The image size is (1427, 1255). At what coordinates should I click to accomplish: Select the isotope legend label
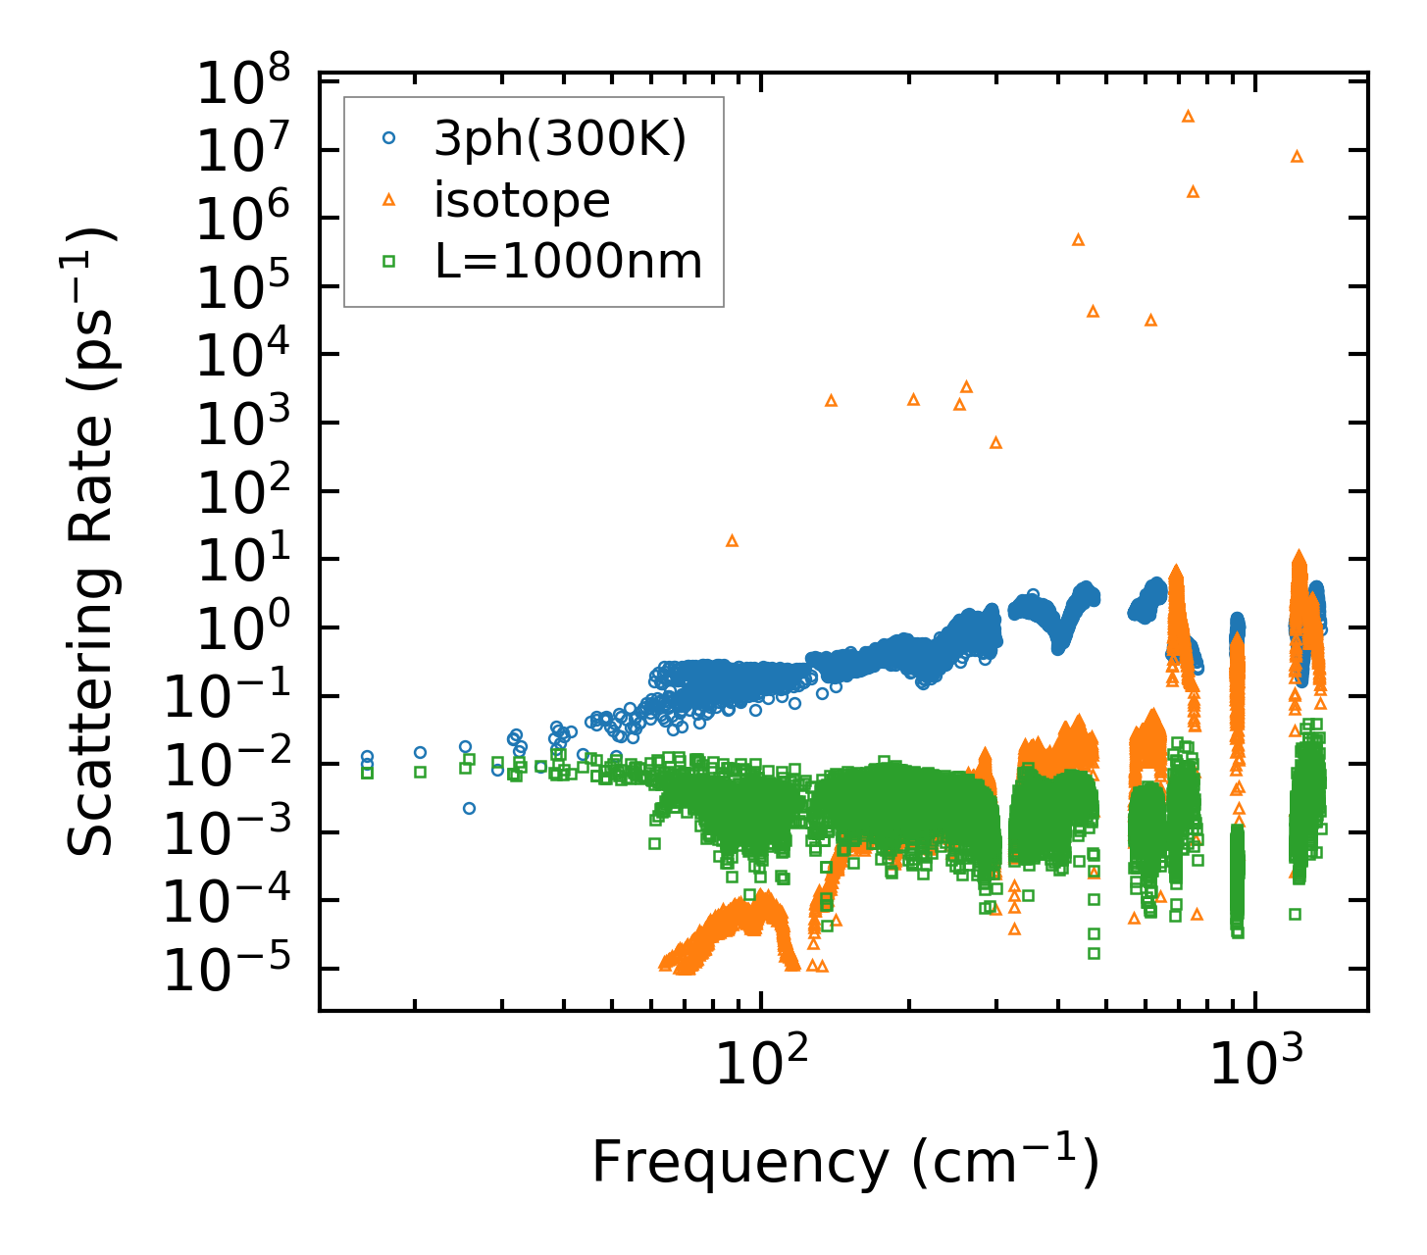click(522, 200)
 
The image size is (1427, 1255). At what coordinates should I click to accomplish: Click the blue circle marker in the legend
click(388, 139)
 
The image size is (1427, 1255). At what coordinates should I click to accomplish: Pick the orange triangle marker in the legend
click(388, 200)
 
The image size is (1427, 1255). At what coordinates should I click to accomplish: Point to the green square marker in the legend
click(388, 261)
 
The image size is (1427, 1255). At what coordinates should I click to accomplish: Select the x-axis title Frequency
click(843, 1163)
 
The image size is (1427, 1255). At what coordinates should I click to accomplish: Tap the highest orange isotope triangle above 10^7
click(1188, 116)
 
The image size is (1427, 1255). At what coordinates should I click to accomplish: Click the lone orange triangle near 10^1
click(732, 540)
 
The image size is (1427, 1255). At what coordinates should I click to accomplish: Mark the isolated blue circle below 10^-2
click(469, 808)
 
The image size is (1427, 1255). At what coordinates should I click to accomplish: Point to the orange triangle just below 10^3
click(995, 442)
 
